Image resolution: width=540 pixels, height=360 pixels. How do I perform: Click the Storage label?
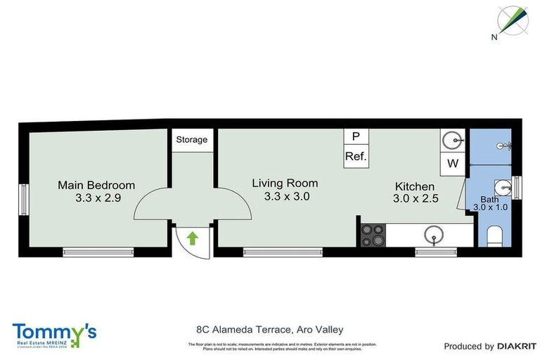(192, 139)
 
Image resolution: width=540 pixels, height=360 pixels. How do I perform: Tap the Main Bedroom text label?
(96, 185)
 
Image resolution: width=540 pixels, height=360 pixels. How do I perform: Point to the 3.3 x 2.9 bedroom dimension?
(98, 198)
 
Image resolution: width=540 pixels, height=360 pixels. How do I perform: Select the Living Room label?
(285, 183)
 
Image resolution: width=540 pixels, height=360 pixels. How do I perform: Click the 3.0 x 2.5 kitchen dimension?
(416, 199)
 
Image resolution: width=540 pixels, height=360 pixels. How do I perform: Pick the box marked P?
(356, 136)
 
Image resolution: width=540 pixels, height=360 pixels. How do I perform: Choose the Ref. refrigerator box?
(356, 156)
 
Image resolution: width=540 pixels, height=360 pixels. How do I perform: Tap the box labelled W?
(453, 164)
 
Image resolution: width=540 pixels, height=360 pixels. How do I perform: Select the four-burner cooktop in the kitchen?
(372, 236)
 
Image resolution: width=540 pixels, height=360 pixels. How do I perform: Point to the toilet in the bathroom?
(494, 235)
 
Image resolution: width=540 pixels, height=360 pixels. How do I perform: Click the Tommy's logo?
(55, 333)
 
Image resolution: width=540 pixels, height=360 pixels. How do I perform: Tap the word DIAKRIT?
(517, 346)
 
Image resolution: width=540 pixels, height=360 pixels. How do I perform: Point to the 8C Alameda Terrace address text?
(269, 328)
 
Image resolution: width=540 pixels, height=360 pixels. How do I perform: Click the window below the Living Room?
(283, 251)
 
